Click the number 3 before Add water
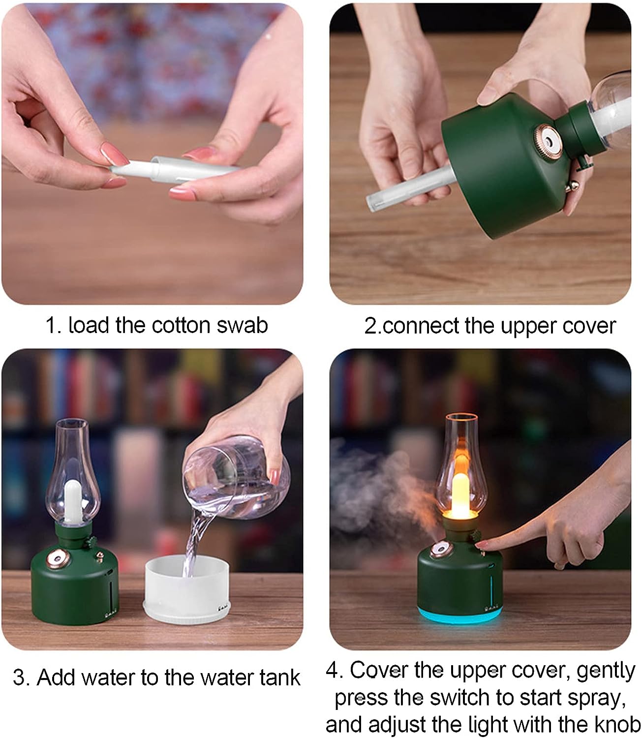click(x=19, y=677)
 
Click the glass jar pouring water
click(x=236, y=477)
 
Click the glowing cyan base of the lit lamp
click(x=460, y=614)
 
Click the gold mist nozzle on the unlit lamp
click(x=58, y=559)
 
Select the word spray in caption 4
click(x=597, y=699)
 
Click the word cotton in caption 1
click(x=181, y=325)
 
